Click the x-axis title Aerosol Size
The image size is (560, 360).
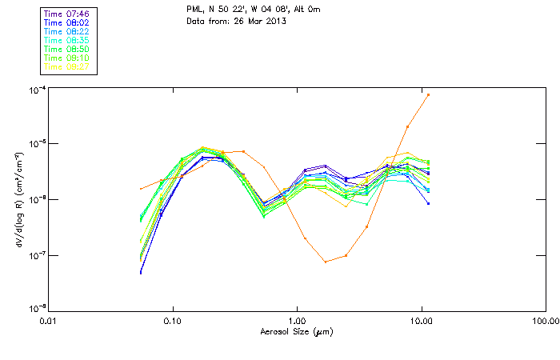[x=297, y=331]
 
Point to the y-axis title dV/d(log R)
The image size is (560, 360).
[x=18, y=200]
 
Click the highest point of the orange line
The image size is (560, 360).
[x=428, y=94]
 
